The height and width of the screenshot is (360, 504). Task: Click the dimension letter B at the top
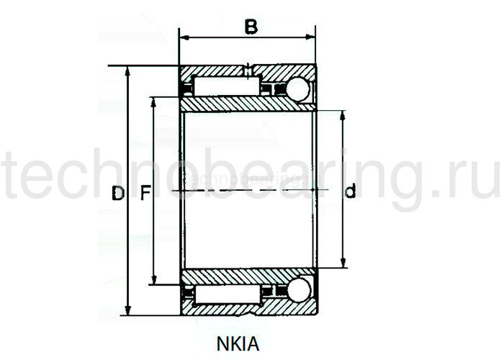(x=251, y=27)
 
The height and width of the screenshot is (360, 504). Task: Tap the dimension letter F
(x=144, y=192)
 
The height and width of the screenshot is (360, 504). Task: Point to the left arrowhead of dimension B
(x=182, y=36)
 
